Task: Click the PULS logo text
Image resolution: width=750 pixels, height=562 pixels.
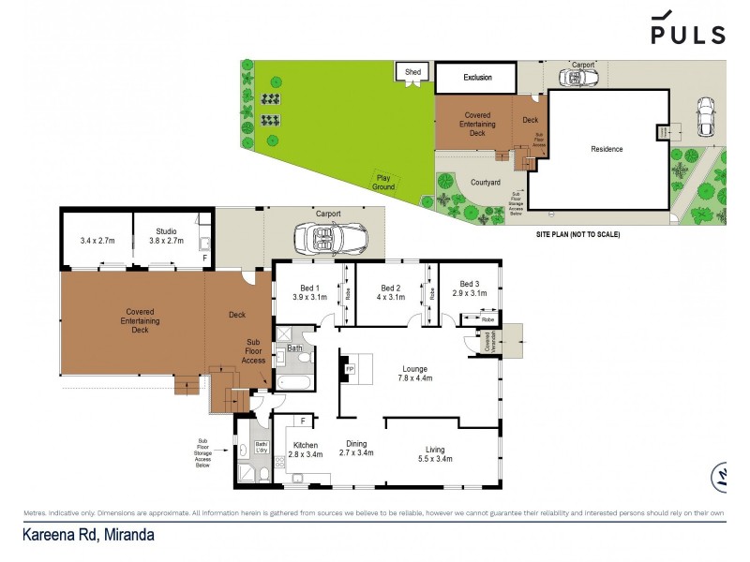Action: pos(688,34)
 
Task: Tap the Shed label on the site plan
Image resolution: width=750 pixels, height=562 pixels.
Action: pos(412,71)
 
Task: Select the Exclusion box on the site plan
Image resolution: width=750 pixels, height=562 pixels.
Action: pos(477,77)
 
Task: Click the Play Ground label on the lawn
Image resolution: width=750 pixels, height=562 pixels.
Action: pos(383,182)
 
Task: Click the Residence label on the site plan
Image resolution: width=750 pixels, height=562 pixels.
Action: pos(606,149)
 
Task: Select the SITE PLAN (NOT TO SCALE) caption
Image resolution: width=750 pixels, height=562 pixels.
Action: pos(577,234)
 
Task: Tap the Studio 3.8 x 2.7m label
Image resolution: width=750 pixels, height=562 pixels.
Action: pos(166,235)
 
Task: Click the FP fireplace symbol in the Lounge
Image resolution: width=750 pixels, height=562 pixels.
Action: pos(351,369)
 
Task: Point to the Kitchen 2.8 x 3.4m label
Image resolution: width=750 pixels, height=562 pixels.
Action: pos(305,450)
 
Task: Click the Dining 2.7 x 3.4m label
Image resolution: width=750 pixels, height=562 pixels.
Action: pos(355,448)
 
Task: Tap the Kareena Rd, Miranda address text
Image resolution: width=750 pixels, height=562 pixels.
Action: pos(88,535)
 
